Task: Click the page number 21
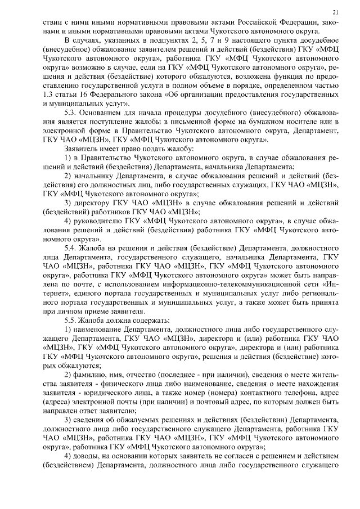[335, 12]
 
